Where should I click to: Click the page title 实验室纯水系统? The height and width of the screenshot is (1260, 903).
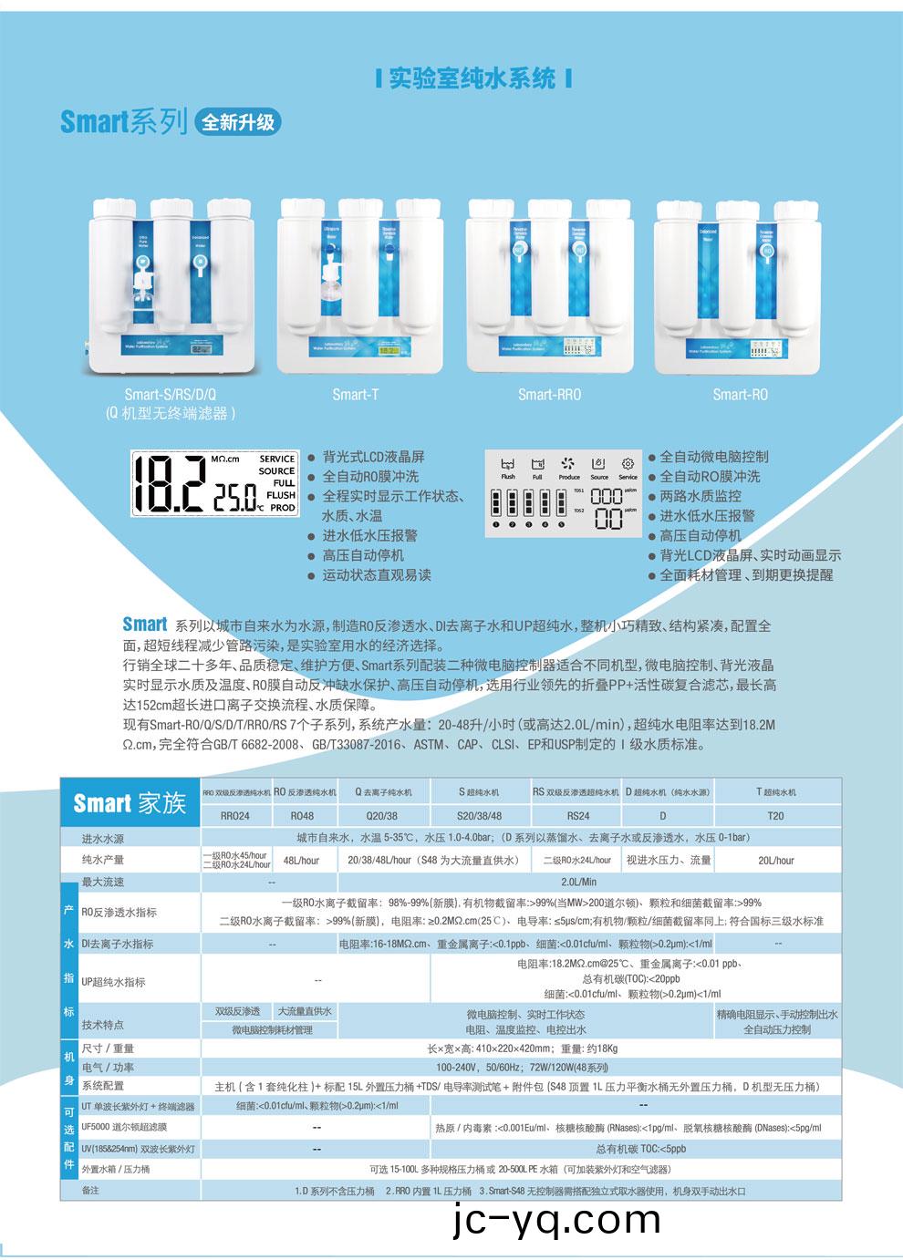pyautogui.click(x=472, y=78)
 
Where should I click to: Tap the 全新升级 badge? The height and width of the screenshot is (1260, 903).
pyautogui.click(x=238, y=121)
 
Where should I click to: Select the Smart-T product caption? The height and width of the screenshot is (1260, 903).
pyautogui.click(x=355, y=394)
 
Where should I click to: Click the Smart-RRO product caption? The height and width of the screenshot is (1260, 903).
pyautogui.click(x=549, y=394)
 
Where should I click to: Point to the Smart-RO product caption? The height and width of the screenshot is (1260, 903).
pyautogui.click(x=740, y=394)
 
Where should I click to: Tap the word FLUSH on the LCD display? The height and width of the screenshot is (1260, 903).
pyautogui.click(x=280, y=495)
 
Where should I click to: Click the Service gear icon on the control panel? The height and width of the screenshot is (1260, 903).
pyautogui.click(x=628, y=464)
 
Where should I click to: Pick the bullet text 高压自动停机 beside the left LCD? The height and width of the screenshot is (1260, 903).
pyautogui.click(x=362, y=555)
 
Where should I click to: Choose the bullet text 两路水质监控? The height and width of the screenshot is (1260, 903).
pyautogui.click(x=700, y=496)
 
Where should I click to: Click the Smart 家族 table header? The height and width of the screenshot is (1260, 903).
pyautogui.click(x=130, y=803)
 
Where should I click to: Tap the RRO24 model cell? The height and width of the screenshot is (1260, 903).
pyautogui.click(x=235, y=816)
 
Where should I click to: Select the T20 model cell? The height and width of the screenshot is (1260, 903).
pyautogui.click(x=775, y=816)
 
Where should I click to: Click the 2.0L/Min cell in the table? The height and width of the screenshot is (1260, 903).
pyautogui.click(x=579, y=882)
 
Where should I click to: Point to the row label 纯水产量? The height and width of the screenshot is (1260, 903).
pyautogui.click(x=102, y=860)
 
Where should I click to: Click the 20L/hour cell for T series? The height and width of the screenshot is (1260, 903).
pyautogui.click(x=775, y=860)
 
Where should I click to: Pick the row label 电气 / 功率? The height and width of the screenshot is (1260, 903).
pyautogui.click(x=108, y=1067)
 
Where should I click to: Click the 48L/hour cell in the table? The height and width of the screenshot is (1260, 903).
pyautogui.click(x=301, y=860)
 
